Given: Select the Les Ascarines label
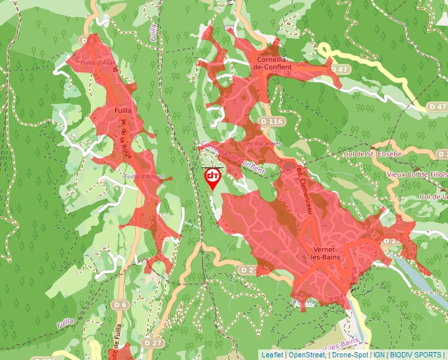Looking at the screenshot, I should (x=262, y=143).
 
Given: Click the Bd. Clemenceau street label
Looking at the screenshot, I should (x=304, y=190).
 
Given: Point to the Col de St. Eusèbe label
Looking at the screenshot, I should (x=373, y=153).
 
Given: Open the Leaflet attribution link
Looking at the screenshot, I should (x=272, y=355).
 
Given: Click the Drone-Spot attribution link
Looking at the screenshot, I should (x=349, y=355).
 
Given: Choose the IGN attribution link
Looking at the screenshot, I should (x=379, y=355).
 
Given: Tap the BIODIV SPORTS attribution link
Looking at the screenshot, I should (x=416, y=355).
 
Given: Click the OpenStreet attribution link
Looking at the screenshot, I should (x=307, y=355).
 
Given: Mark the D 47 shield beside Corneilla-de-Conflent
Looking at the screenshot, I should (x=337, y=69).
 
